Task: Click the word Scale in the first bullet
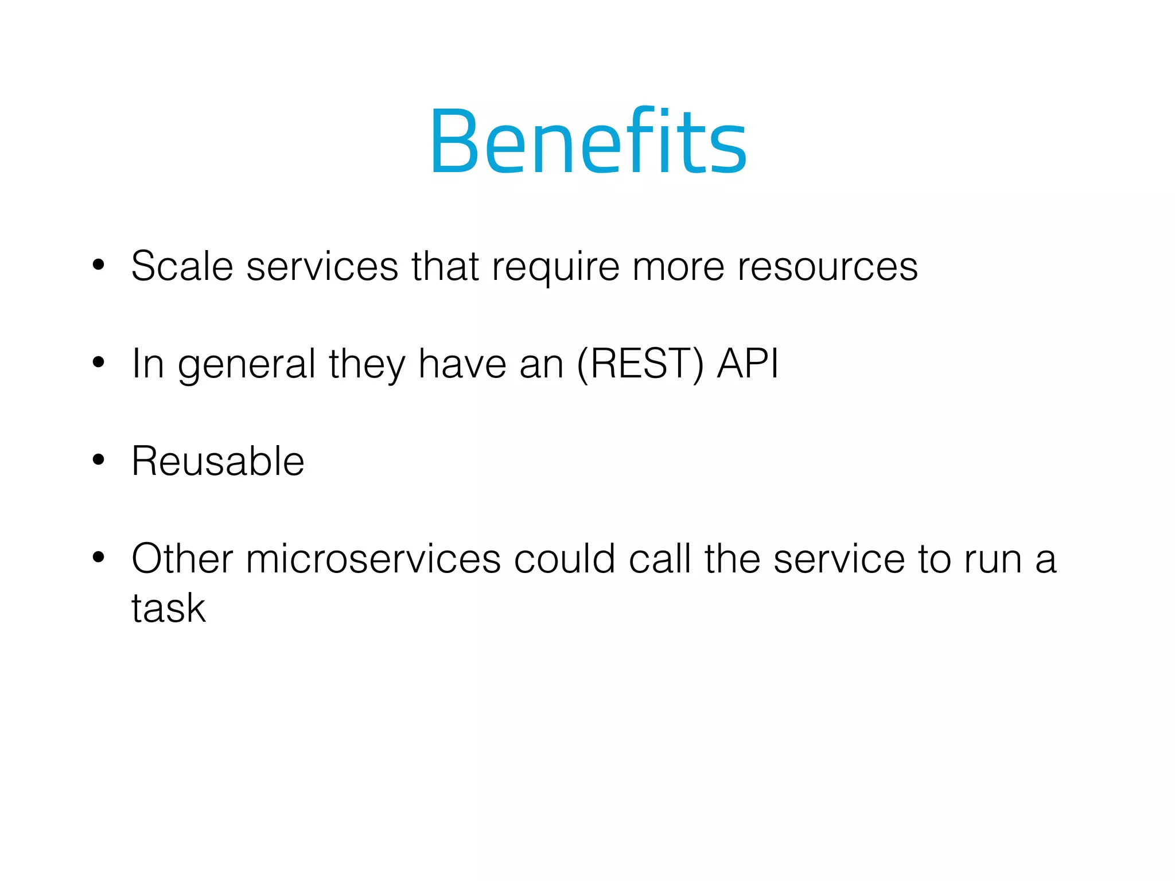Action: [182, 266]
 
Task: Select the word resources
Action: [827, 267]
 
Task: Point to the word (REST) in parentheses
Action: [640, 364]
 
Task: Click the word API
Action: [748, 364]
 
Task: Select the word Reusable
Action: [217, 461]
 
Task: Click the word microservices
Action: [373, 559]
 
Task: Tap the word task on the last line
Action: [168, 608]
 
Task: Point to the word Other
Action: [182, 559]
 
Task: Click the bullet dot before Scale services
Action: [99, 265]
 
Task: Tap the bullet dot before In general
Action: [99, 362]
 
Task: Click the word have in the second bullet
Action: [462, 364]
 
